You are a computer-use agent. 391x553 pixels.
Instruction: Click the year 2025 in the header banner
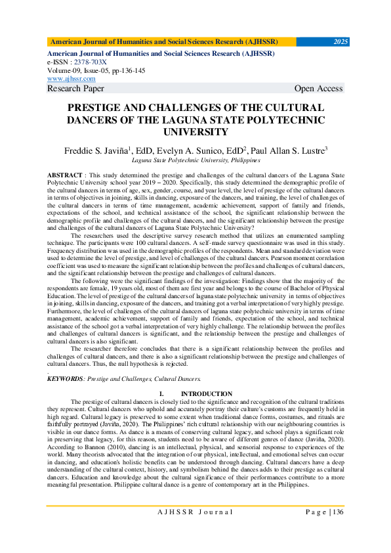(x=340, y=41)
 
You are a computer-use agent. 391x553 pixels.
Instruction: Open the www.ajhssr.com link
(x=71, y=78)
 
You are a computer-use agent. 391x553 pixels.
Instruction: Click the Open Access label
(x=318, y=88)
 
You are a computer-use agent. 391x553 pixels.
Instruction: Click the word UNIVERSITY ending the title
(x=195, y=131)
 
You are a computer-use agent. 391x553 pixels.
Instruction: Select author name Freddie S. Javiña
(x=96, y=150)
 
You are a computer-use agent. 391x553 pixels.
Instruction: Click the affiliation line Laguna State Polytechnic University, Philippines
(x=195, y=160)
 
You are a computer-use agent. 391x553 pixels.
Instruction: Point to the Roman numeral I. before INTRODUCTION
(x=161, y=393)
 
